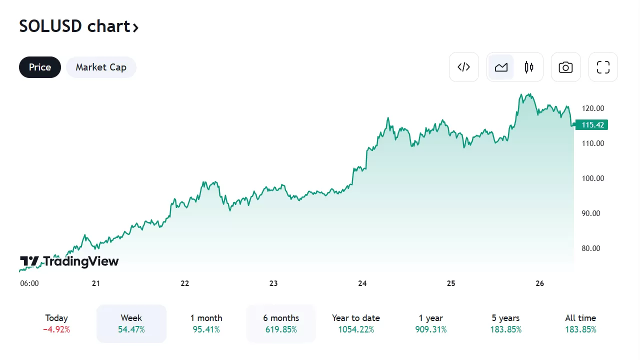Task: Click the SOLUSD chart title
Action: coord(78,26)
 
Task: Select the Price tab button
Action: coord(40,67)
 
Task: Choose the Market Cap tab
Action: coord(101,67)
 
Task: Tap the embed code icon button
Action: coord(464,67)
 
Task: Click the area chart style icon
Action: coord(501,67)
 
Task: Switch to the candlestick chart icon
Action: coord(529,67)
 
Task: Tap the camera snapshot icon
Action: coord(566,67)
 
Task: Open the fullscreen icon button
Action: coord(603,67)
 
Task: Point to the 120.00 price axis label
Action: coord(593,108)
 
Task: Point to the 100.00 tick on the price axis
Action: coord(593,178)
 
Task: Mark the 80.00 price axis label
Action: coord(593,248)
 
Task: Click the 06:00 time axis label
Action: coord(29,283)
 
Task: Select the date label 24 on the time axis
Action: coord(362,283)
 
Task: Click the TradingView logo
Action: coord(69,261)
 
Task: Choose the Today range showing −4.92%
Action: coord(56,323)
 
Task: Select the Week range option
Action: coord(131,323)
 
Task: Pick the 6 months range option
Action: coord(281,323)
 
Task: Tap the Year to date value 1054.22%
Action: coord(356,329)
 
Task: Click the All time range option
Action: coord(580,323)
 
